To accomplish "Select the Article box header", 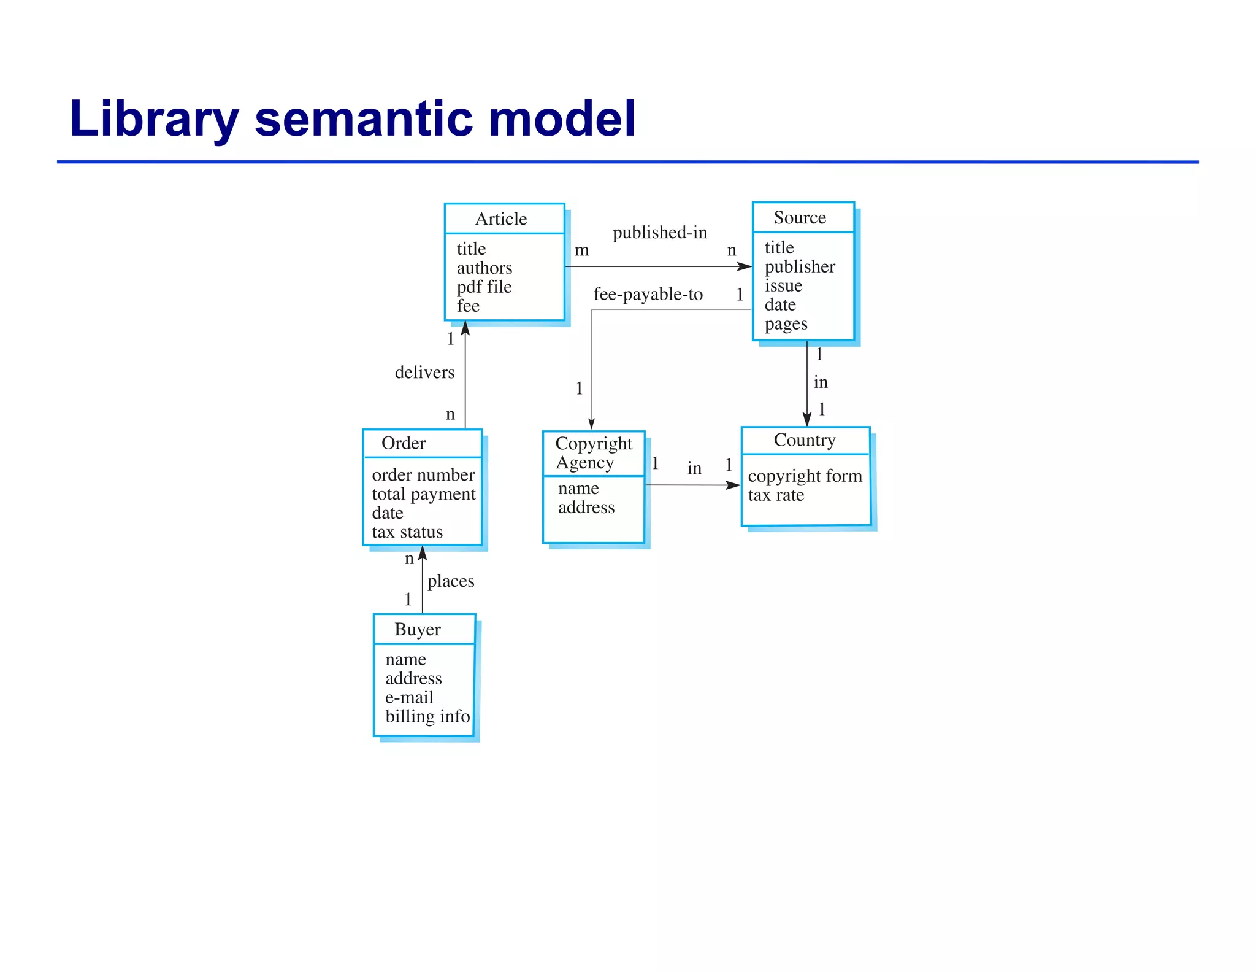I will point(501,219).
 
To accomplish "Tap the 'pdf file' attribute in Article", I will point(484,287).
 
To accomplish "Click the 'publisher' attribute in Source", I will point(799,266).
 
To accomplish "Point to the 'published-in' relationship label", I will point(659,233).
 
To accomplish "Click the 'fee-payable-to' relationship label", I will point(648,295).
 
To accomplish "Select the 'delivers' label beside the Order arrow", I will point(424,373).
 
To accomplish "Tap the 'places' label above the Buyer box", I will point(450,581).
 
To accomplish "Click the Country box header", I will point(804,440).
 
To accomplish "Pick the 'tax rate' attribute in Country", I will point(776,495).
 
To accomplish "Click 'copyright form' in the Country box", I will point(805,476).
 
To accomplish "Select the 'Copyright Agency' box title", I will point(593,453).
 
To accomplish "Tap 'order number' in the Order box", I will point(423,475).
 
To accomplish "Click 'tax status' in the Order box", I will point(407,532).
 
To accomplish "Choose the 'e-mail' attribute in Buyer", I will point(409,698).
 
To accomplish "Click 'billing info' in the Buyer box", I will point(427,717).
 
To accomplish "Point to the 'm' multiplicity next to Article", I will point(581,250).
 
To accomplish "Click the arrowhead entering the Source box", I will point(745,266).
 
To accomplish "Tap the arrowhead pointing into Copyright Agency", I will point(591,424).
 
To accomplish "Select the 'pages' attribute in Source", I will point(786,324).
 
